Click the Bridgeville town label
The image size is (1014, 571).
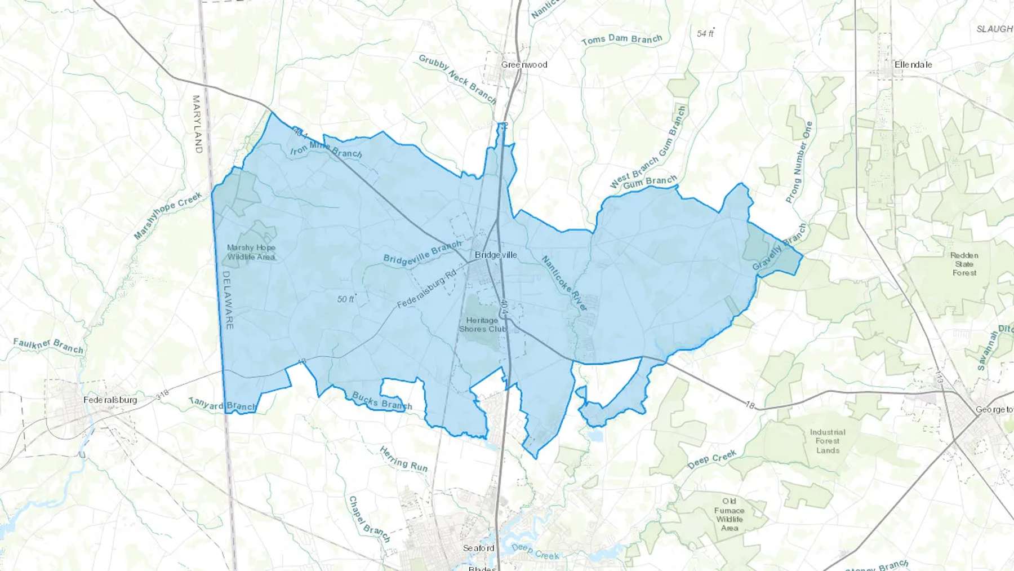pos(496,255)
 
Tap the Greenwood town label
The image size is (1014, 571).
pos(524,65)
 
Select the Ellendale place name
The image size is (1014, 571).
pos(913,65)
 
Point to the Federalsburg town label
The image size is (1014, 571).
pos(110,400)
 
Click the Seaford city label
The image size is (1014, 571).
pos(478,548)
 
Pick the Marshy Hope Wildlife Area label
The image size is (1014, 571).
pos(251,252)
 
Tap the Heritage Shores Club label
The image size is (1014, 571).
pos(482,325)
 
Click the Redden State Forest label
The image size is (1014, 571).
pos(964,264)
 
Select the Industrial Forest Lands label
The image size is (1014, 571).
pos(828,441)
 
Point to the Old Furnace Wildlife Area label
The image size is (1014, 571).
pos(730,515)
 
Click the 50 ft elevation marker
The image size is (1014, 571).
pos(346,299)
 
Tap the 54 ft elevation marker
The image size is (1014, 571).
pos(705,33)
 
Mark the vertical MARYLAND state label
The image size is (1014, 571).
pos(197,124)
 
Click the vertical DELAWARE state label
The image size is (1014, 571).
pos(228,300)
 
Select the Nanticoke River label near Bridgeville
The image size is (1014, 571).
pos(564,284)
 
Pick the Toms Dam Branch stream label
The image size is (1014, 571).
pos(622,40)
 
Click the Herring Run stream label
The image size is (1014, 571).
pos(403,459)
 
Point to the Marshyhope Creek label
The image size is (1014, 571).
pos(168,215)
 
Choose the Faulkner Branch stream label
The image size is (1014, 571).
pos(48,346)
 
